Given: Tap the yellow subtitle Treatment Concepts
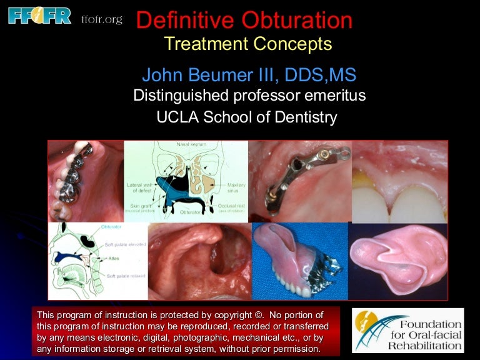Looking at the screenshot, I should [x=247, y=44].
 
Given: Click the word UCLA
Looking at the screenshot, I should [x=181, y=116].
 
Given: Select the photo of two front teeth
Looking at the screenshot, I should [x=399, y=187].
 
